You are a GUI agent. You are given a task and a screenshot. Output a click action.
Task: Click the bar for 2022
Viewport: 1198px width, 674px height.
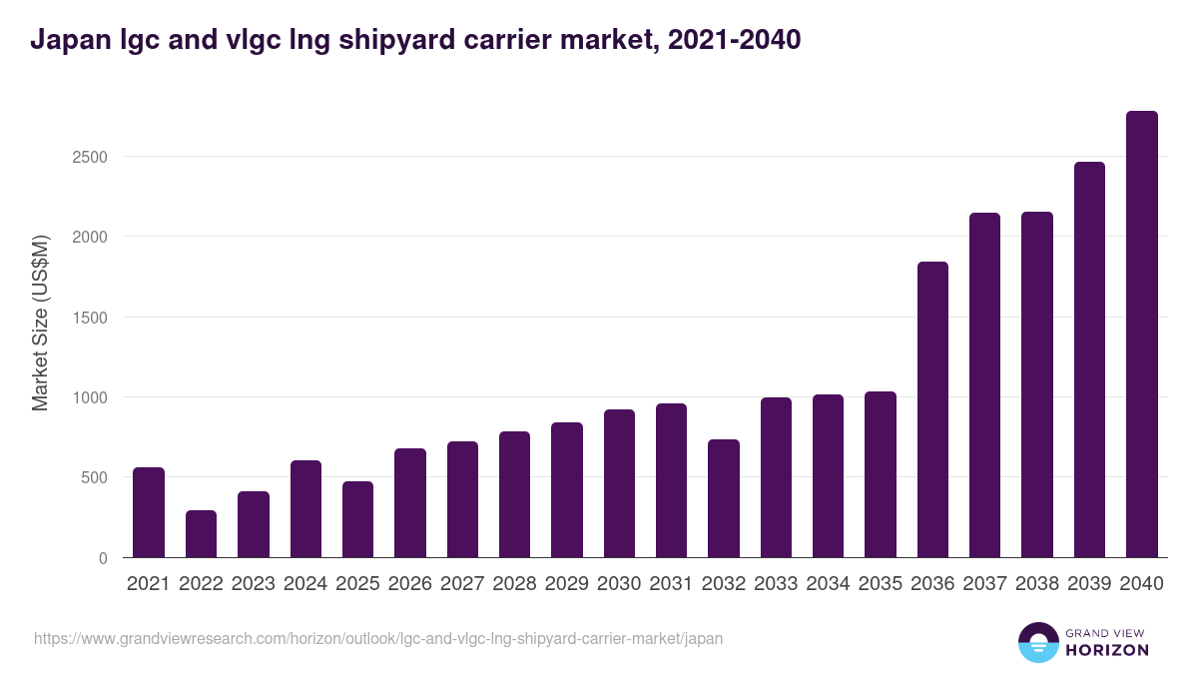201,534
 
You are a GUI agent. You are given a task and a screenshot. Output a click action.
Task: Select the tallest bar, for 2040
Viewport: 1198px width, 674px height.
1141,335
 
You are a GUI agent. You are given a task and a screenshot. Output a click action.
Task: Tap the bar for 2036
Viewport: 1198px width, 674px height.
932,409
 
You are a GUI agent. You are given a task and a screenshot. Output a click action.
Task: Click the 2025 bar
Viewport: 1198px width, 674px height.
357,519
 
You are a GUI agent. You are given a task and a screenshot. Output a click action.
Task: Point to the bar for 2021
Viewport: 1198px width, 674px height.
149,512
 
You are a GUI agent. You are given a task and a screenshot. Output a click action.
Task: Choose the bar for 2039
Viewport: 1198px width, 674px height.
1089,359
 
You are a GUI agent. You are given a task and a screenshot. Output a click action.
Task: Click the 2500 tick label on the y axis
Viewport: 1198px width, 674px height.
89,157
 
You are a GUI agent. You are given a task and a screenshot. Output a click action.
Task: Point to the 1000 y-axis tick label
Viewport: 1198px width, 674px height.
89,397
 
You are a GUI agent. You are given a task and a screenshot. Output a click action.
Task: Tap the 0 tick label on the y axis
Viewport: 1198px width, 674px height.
103,558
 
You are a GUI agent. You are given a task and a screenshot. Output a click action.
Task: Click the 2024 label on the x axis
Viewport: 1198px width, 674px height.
305,584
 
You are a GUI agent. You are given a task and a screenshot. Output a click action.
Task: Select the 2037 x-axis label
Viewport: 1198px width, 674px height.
984,584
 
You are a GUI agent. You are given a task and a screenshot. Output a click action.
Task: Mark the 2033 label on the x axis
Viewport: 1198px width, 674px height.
776,584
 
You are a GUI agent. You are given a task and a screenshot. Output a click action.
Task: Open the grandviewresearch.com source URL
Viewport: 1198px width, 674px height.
378,638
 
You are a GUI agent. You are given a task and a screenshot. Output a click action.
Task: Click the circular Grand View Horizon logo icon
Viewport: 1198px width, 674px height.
1037,642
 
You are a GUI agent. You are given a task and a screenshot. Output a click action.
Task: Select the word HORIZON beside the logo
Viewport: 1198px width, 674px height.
1108,650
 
